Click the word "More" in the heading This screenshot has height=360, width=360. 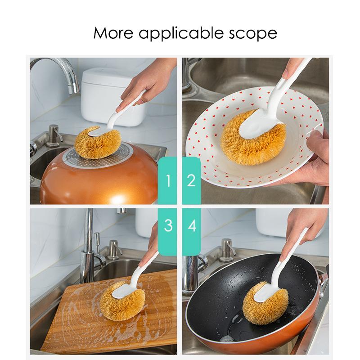coord(113,33)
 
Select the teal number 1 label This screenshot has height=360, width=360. coord(167,180)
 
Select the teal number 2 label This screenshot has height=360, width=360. coord(192,180)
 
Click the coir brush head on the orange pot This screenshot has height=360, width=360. coord(98,142)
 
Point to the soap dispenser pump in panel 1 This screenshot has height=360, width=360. coord(54,135)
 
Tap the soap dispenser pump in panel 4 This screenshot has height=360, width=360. coord(227,250)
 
